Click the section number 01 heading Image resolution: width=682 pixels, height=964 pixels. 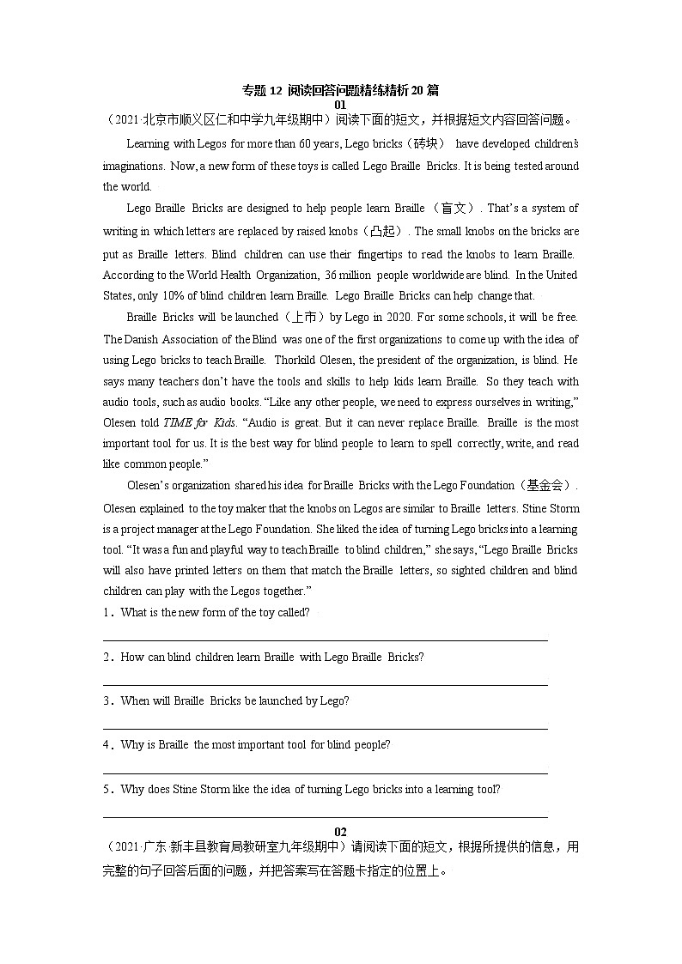click(340, 105)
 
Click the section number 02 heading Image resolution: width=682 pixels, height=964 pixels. click(340, 832)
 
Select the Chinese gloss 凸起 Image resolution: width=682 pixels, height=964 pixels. click(387, 232)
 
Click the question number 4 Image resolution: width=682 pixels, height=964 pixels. click(107, 745)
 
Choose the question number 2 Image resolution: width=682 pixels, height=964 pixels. click(107, 657)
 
